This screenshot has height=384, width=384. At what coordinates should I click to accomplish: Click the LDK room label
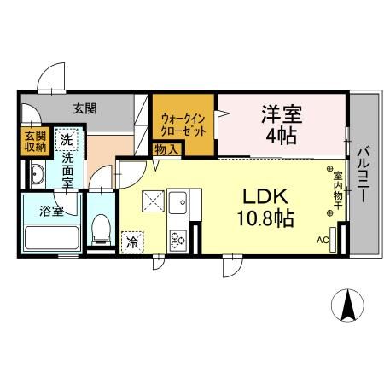(x=265, y=196)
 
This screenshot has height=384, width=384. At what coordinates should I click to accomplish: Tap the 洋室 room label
(x=282, y=113)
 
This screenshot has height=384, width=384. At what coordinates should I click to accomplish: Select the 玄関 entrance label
(x=84, y=108)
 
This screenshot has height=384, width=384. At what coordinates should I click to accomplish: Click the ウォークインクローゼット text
(x=183, y=125)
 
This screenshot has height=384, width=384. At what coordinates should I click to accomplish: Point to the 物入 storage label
(x=167, y=150)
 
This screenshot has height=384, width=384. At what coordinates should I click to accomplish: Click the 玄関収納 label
(x=35, y=142)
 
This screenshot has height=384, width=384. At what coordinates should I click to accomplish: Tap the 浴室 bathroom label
(x=51, y=211)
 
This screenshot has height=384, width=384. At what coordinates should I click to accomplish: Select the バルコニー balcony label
(x=364, y=173)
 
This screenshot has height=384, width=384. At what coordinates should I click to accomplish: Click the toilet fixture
(x=101, y=230)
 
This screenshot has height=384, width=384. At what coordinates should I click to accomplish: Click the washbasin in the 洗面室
(x=38, y=174)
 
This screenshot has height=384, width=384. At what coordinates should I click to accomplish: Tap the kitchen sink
(x=177, y=203)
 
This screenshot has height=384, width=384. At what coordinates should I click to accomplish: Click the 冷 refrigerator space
(x=132, y=242)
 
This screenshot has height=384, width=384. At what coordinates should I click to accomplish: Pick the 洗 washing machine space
(x=67, y=139)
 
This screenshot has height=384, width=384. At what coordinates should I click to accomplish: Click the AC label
(x=323, y=241)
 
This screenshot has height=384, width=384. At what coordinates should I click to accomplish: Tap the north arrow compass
(x=348, y=305)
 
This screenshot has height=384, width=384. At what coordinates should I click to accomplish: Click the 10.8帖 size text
(x=265, y=218)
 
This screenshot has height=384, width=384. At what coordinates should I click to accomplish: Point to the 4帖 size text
(x=281, y=136)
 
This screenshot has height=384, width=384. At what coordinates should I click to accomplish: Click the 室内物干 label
(x=338, y=190)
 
